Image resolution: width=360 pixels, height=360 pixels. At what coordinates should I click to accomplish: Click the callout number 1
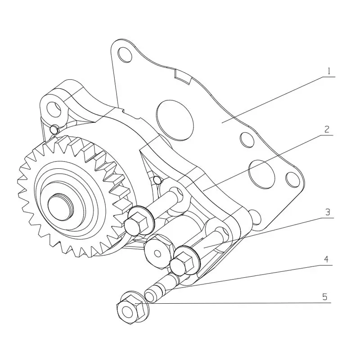pos(329,71)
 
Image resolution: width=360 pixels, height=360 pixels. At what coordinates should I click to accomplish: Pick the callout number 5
pos(325,297)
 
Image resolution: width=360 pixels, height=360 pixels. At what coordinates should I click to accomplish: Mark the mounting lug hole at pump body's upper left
pos(53,108)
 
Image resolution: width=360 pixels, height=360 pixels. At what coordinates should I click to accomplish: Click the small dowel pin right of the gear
pos(156,180)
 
